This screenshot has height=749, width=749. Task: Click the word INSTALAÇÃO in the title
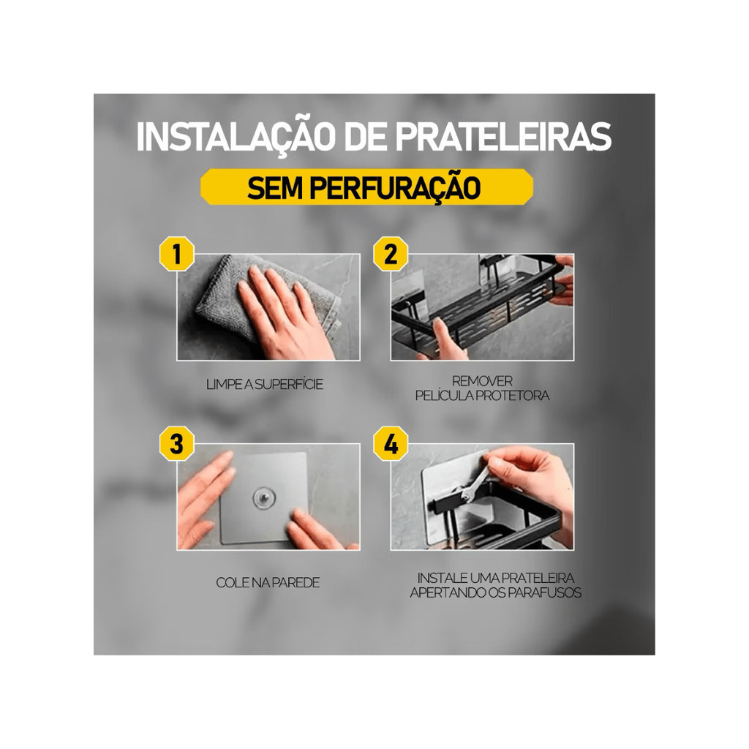(234, 137)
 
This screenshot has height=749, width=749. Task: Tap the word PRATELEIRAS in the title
(503, 137)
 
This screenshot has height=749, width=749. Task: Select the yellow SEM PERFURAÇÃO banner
(366, 187)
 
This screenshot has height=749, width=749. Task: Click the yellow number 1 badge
(177, 254)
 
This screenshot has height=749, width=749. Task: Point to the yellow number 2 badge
(391, 254)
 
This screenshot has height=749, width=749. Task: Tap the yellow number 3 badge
(177, 444)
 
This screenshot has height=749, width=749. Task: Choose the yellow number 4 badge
(391, 444)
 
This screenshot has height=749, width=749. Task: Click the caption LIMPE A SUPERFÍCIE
(265, 384)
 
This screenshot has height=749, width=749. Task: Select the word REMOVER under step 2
(482, 381)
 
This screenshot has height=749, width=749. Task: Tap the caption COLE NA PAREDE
(268, 582)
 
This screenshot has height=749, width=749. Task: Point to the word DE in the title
(364, 137)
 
